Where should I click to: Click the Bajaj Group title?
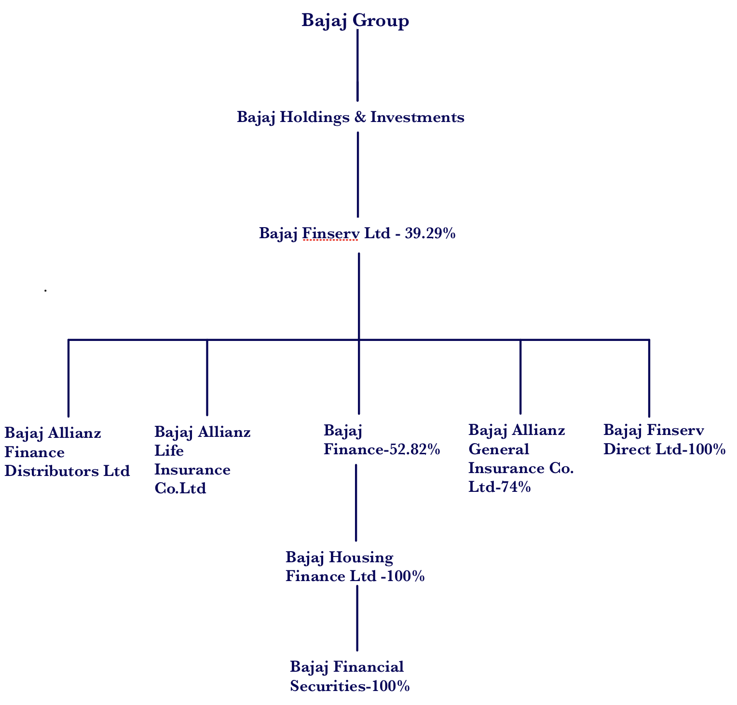(355, 21)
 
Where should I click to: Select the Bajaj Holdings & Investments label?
(350, 117)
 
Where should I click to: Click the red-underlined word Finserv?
(330, 234)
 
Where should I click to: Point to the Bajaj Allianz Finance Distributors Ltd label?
(67, 452)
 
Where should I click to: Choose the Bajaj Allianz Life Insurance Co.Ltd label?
(202, 460)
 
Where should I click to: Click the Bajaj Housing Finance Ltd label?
(355, 567)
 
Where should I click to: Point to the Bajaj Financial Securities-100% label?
(350, 677)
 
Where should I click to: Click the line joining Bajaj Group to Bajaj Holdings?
(357, 65)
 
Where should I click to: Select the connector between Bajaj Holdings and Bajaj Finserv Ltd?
(358, 174)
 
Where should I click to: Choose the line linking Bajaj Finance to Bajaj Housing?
(356, 502)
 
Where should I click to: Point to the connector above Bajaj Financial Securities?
(357, 618)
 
